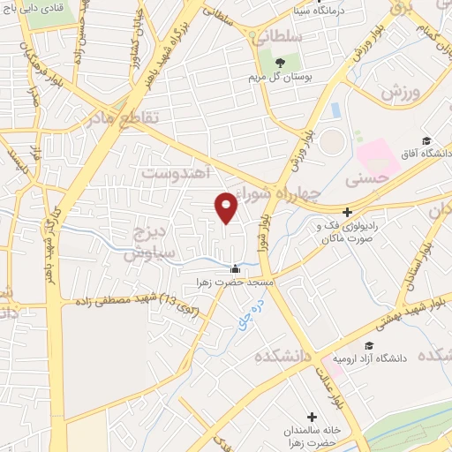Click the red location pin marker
coord(227,207)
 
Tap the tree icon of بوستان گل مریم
coord(280,63)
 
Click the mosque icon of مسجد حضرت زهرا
coord(234,269)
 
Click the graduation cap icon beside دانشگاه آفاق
coord(426,141)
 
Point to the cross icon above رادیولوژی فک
coord(348,212)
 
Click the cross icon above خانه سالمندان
coord(312,416)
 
